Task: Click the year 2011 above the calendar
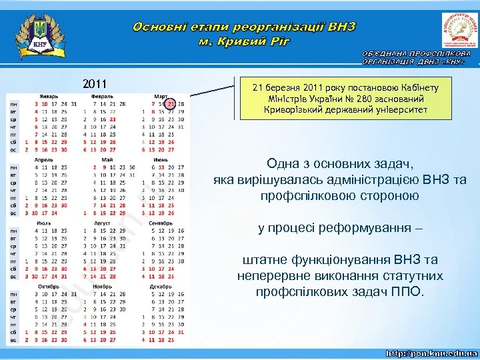point(95,85)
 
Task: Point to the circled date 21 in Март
point(171,104)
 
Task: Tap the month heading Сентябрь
point(161,223)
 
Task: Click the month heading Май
point(106,160)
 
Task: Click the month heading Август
point(103,223)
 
